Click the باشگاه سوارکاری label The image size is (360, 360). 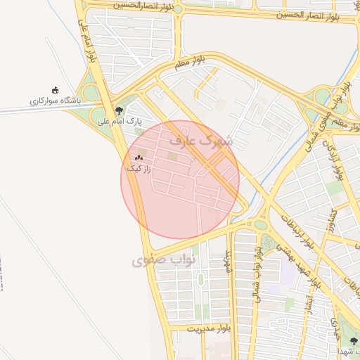pos(56,101)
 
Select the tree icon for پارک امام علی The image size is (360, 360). pos(119,110)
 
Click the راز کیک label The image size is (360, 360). pos(138,169)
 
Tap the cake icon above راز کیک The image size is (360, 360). pos(139,158)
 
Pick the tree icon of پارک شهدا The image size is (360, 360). pos(354,342)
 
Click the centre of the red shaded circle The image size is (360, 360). pos(180,180)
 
